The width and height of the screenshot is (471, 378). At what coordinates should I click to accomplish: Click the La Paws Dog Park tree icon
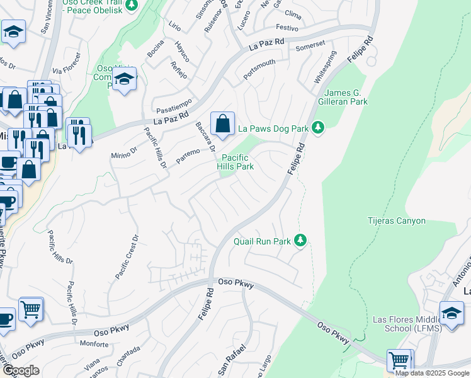(319, 128)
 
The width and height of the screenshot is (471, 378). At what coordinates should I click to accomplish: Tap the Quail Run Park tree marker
(301, 241)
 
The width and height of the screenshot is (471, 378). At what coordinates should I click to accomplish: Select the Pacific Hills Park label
(235, 162)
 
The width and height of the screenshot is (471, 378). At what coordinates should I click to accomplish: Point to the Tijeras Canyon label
(397, 220)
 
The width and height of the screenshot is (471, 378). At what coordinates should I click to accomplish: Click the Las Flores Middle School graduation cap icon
(451, 313)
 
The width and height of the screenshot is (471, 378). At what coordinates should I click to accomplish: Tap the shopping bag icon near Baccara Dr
(222, 123)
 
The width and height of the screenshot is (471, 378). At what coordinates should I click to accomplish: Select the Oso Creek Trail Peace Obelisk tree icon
(131, 6)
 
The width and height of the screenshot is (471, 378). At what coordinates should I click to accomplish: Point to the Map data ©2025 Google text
(431, 373)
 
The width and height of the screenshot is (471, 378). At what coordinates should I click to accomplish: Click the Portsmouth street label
(259, 71)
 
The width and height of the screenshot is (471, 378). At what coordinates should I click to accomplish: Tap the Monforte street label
(94, 344)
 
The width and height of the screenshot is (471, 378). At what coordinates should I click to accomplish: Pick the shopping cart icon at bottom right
(399, 360)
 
